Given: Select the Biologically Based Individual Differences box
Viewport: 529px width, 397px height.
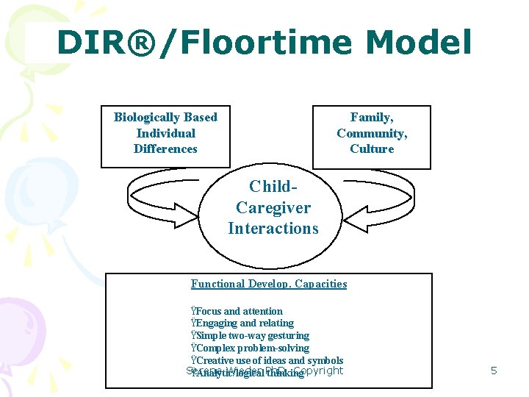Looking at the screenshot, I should click(165, 137).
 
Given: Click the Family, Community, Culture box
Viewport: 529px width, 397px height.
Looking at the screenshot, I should click(372, 137).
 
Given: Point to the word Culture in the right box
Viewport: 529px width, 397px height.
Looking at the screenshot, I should click(372, 149).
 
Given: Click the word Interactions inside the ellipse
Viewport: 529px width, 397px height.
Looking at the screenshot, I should click(273, 229).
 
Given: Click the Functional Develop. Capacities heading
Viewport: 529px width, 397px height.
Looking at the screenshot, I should click(269, 284).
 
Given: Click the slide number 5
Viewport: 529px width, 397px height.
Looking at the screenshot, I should click(494, 371).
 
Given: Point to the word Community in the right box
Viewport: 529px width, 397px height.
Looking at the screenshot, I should click(371, 133).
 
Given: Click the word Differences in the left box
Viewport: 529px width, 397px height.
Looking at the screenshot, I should click(165, 149).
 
